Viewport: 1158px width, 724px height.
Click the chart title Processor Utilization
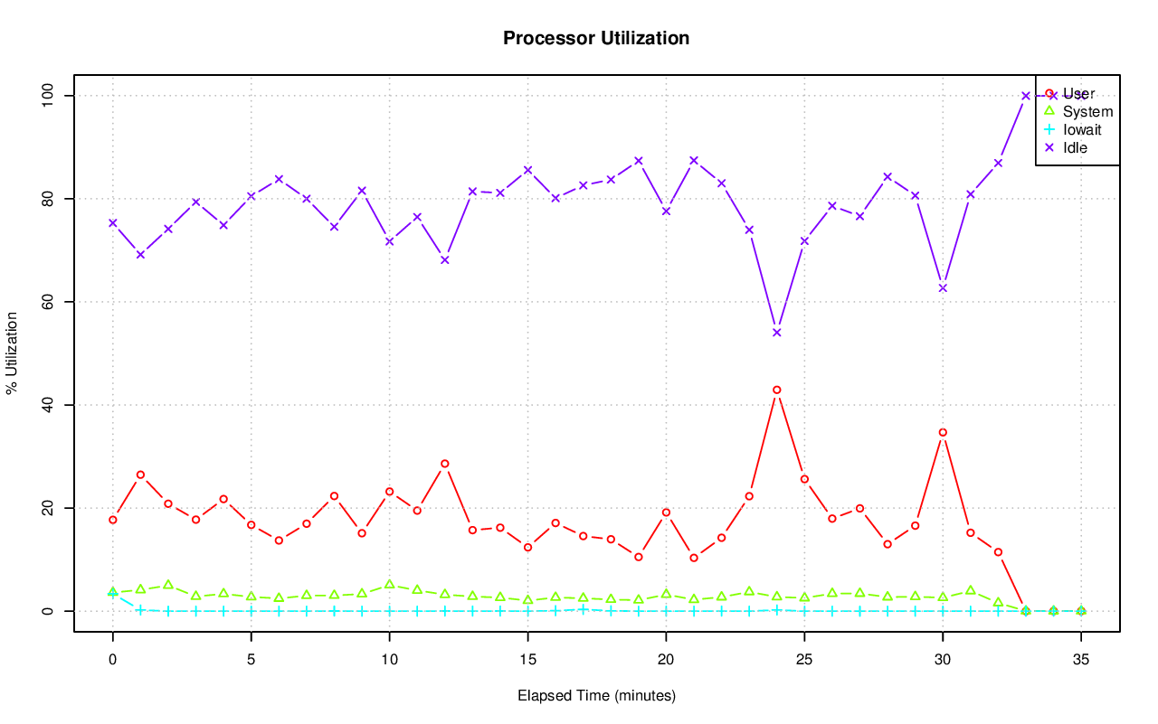tap(596, 39)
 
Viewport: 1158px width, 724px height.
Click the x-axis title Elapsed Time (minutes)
tap(596, 696)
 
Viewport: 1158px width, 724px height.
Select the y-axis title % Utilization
tap(13, 353)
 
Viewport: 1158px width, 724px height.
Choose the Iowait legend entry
tap(1082, 130)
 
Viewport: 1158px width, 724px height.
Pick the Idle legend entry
tap(1075, 147)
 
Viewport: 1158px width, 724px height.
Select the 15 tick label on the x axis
tap(527, 661)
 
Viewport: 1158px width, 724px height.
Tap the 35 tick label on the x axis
tap(1080, 661)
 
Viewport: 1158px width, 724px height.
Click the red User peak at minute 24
tap(776, 390)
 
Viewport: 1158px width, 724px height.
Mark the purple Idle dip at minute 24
tap(776, 333)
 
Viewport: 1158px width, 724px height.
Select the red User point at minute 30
tap(943, 432)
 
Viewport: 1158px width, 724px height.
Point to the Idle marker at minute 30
tap(943, 288)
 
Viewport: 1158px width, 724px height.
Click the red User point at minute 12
tap(444, 464)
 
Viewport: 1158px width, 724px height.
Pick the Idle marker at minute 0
tap(113, 222)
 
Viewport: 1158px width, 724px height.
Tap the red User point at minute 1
tap(140, 475)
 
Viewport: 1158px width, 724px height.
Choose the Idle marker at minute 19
tap(638, 161)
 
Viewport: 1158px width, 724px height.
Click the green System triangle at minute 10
tap(389, 585)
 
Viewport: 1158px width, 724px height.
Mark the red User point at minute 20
tap(666, 512)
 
